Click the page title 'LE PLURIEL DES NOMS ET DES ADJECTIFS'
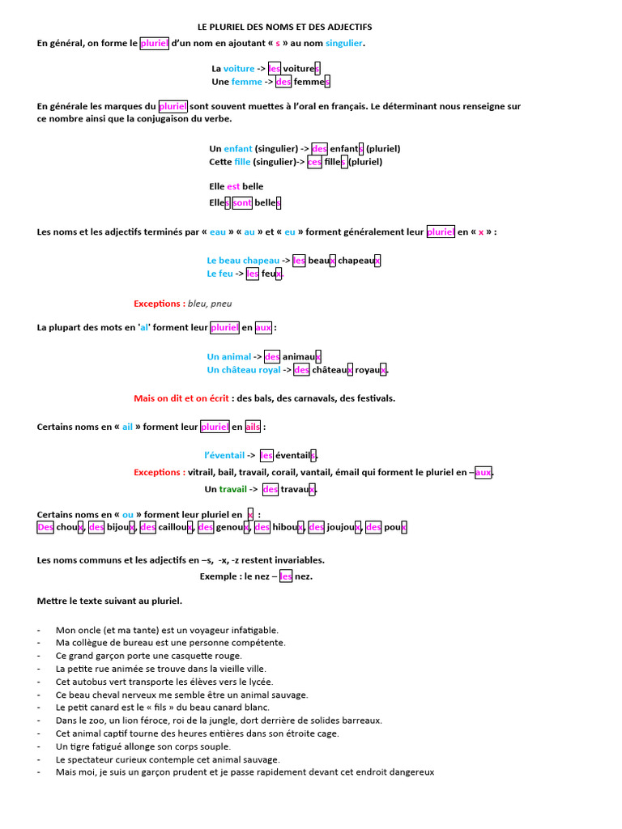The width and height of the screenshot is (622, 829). point(284,27)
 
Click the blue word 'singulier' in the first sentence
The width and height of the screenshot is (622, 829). point(343,44)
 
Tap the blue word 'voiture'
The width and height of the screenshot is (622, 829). point(239,69)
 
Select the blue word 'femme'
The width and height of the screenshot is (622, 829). point(246,82)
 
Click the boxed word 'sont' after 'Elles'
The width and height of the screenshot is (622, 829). point(242,203)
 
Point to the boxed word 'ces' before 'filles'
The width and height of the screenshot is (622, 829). point(314,162)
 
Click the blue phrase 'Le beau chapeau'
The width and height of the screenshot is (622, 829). point(243,261)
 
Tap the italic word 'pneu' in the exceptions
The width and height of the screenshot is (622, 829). point(221,304)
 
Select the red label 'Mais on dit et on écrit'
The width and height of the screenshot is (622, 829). point(181,398)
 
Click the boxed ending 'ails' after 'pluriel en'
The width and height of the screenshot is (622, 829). point(253,427)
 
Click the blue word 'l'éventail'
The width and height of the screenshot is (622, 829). point(225,456)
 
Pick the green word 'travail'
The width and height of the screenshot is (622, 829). point(232,490)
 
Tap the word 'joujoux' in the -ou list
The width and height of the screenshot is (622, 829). point(343,528)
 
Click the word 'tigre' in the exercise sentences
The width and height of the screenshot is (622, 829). point(80,747)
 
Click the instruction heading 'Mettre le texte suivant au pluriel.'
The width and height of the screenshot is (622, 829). point(109,602)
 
